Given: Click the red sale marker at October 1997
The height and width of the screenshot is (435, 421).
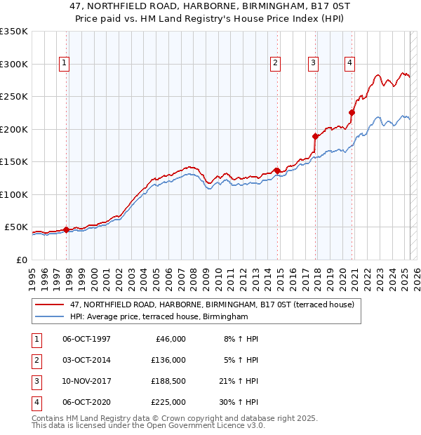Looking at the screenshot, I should point(66,229).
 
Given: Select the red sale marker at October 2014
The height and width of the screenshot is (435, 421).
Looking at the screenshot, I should point(277,170).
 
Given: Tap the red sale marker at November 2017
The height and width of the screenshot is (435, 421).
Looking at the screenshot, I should point(315,136).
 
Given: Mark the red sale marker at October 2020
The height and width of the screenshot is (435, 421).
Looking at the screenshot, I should point(352,112).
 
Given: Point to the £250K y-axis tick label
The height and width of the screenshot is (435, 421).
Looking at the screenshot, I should point(14,96).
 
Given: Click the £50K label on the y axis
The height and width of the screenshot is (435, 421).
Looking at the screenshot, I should point(17,227).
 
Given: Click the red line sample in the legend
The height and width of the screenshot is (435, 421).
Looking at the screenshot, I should point(49,305).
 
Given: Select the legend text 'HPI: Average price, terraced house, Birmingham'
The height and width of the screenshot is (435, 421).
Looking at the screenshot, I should point(159,317).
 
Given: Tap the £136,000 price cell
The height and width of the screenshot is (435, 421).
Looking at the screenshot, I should point(168,360).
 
